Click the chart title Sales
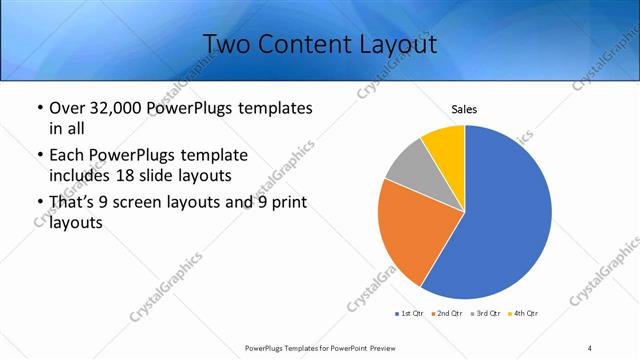pos(464,108)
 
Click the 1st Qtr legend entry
pos(410,314)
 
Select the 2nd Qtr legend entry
pos(446,314)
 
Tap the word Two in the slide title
pos(226,44)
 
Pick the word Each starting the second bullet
pos(67,155)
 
